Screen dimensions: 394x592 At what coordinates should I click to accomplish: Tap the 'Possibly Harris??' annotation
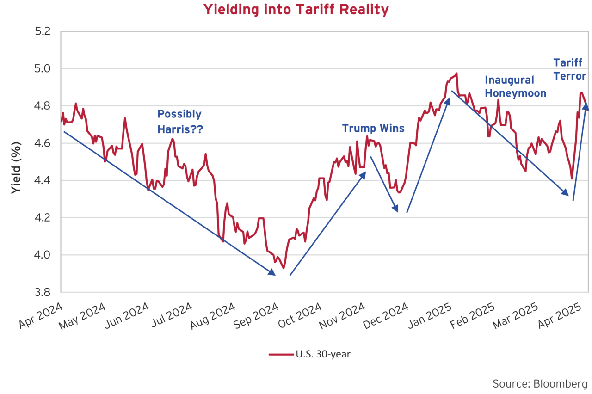click(x=179, y=121)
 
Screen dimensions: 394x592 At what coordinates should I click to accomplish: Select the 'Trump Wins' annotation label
click(x=373, y=128)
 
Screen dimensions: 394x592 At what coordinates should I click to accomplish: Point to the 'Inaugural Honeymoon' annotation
click(x=515, y=86)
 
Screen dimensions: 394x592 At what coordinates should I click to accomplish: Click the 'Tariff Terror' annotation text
click(x=570, y=69)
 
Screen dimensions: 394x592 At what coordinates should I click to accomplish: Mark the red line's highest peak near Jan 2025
click(x=456, y=73)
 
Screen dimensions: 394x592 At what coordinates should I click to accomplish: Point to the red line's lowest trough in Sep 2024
click(x=283, y=268)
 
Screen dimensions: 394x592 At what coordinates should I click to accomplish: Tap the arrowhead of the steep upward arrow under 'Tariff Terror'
click(x=586, y=107)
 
